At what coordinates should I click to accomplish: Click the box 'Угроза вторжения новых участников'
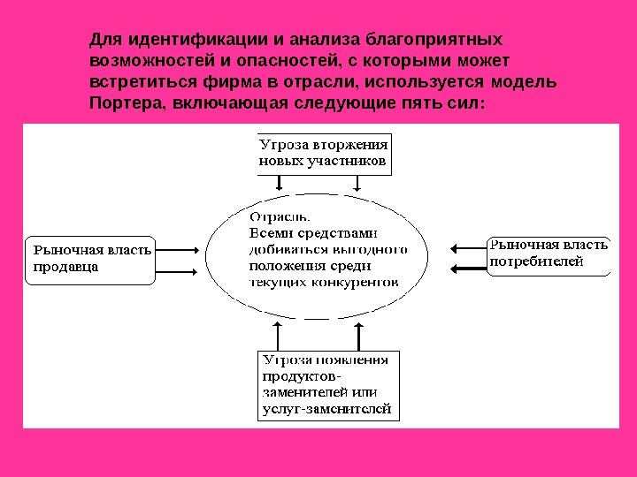[x=323, y=154]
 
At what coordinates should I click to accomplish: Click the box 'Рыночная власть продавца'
[x=90, y=259]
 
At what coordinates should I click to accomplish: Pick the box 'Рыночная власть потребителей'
[x=549, y=254]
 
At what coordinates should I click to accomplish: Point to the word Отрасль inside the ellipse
[x=280, y=216]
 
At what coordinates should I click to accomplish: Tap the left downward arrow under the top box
[x=280, y=183]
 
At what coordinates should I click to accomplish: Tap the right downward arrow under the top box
[x=357, y=183]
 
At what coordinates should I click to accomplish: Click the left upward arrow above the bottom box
[x=280, y=337]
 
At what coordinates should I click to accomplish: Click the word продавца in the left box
[x=65, y=266]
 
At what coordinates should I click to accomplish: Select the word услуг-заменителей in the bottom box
[x=326, y=409]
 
